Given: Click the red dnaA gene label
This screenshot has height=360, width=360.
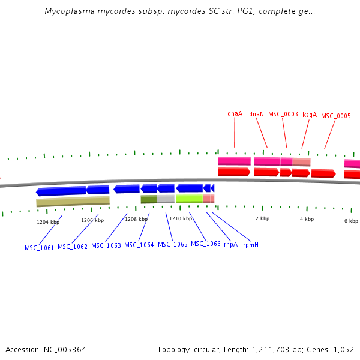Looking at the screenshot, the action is pos(235,113).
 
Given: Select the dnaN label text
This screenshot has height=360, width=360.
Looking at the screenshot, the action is pos(256,114).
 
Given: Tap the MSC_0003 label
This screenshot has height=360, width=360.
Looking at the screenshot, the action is pos(283,115).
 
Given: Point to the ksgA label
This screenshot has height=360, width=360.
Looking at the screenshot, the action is pos(310,115).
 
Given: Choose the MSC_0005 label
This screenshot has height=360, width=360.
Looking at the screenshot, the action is pos(336,116).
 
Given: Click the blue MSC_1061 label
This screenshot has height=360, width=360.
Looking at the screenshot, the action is pos(39,248).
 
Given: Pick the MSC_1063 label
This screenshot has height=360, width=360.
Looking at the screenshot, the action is pos(106,245).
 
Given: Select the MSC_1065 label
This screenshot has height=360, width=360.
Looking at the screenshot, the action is pos(173,244).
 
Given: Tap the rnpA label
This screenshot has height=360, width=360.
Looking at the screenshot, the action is pos(231,245).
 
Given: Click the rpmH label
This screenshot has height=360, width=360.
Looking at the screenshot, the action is pos(251,245).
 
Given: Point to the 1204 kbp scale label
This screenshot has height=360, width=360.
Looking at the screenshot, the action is pos(48,222).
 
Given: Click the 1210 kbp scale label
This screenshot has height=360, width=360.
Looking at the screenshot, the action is pos(181,218).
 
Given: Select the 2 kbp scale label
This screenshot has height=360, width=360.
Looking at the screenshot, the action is pos(262,218).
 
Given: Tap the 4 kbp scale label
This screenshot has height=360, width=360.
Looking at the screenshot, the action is pos(307,219).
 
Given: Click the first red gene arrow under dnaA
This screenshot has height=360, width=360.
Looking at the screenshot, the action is pos(234,172).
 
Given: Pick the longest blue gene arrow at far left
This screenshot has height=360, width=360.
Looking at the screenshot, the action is pos(61,191).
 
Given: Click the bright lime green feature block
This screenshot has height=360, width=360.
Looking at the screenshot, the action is pos(190,199).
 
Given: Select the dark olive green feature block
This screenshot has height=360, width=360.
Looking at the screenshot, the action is pos(149,199).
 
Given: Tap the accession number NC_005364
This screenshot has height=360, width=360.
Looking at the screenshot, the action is pos(65,350).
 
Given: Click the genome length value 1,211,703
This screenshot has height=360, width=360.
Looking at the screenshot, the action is pos(270,350).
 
